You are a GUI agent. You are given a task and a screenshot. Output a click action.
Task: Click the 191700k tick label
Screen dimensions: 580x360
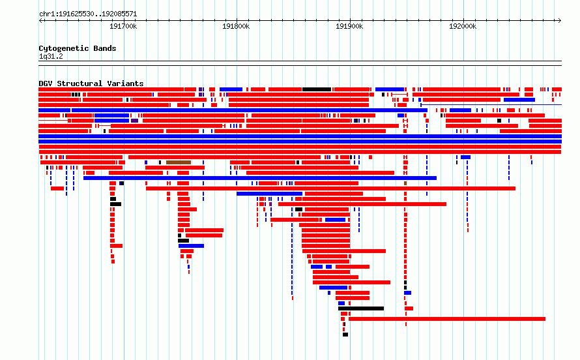click(x=123, y=26)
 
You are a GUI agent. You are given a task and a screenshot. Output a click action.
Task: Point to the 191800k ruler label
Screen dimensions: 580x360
click(x=236, y=26)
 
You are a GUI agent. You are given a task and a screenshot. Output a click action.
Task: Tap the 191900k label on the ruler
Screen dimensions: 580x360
click(x=349, y=26)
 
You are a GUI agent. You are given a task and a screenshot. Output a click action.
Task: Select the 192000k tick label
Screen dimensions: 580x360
click(x=463, y=26)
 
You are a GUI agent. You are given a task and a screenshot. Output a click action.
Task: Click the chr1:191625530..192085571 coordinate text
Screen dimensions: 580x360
click(x=88, y=14)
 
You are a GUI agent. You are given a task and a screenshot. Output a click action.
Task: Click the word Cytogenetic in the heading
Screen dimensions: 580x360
click(x=64, y=48)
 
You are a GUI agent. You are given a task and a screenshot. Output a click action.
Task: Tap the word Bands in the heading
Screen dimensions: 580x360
click(x=105, y=48)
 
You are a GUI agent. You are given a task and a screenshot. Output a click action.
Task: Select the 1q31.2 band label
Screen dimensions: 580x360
click(x=51, y=56)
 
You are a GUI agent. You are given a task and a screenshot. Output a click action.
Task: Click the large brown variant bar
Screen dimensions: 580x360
click(x=179, y=162)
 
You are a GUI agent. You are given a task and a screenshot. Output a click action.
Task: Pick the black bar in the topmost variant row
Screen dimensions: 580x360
click(x=317, y=89)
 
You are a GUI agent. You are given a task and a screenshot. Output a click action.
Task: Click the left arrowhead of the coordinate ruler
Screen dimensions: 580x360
click(x=40, y=21)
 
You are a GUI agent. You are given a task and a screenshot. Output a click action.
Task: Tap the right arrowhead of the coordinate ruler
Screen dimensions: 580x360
click(x=560, y=21)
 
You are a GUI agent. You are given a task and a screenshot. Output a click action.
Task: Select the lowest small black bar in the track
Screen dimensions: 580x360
click(x=345, y=335)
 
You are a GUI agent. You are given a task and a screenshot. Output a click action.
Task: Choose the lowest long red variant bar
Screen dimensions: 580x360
click(x=447, y=319)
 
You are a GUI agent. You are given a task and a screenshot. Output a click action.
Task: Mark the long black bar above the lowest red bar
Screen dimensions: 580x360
click(x=361, y=308)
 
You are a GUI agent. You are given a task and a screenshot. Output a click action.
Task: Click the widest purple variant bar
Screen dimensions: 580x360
click(x=135, y=121)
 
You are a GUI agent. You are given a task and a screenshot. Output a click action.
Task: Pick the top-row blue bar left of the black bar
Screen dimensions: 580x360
click(x=231, y=89)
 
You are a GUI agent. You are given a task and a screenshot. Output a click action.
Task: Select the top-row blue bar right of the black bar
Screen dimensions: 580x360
click(x=390, y=89)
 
